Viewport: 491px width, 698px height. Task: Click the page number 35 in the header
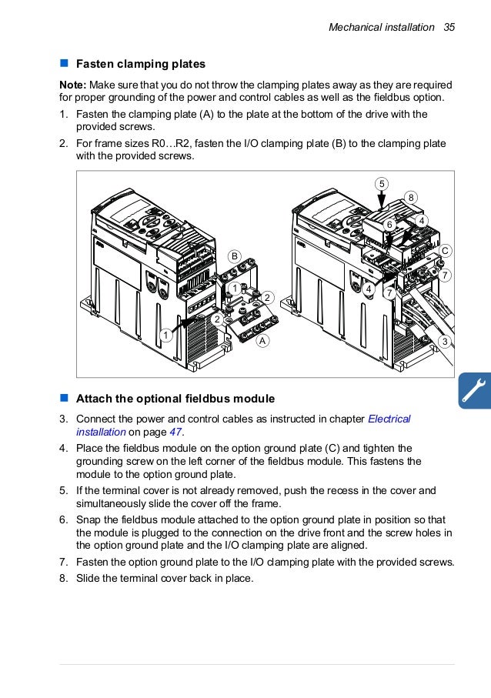click(449, 27)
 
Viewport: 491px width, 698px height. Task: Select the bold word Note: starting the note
click(73, 84)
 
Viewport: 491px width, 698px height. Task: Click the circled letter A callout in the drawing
click(262, 340)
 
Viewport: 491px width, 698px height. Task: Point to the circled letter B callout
click(235, 255)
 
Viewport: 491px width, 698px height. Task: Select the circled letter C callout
click(445, 251)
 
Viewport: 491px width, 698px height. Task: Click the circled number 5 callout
click(382, 182)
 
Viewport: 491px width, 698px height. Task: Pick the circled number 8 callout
click(412, 198)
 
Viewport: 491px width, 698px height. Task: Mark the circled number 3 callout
click(444, 340)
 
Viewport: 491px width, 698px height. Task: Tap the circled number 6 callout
click(389, 223)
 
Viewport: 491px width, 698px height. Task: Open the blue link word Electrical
click(389, 419)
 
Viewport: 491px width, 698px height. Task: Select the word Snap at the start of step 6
click(89, 519)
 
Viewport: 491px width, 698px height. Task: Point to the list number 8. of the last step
click(65, 578)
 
